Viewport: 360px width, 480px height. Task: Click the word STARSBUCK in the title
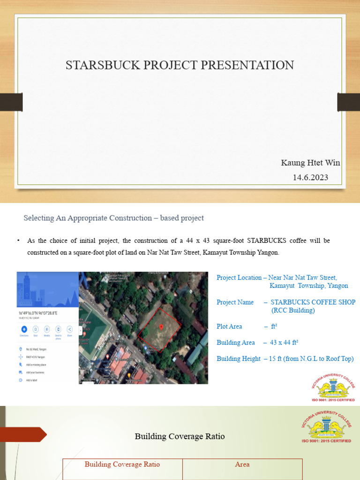[x=94, y=65]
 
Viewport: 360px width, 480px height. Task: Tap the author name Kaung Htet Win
[x=310, y=163]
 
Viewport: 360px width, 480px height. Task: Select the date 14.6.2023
[x=310, y=177]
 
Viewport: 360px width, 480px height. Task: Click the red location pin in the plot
[x=161, y=327]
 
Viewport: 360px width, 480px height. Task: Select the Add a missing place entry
[x=36, y=364]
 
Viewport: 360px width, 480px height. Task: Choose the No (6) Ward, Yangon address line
[x=36, y=349]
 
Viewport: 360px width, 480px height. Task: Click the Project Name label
[x=235, y=302]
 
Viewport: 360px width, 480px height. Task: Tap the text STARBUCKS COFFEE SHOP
[x=313, y=302]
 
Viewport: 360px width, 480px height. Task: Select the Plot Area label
[x=229, y=326]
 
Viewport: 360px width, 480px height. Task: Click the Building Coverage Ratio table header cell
[x=122, y=465]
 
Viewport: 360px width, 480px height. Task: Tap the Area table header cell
[x=242, y=465]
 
